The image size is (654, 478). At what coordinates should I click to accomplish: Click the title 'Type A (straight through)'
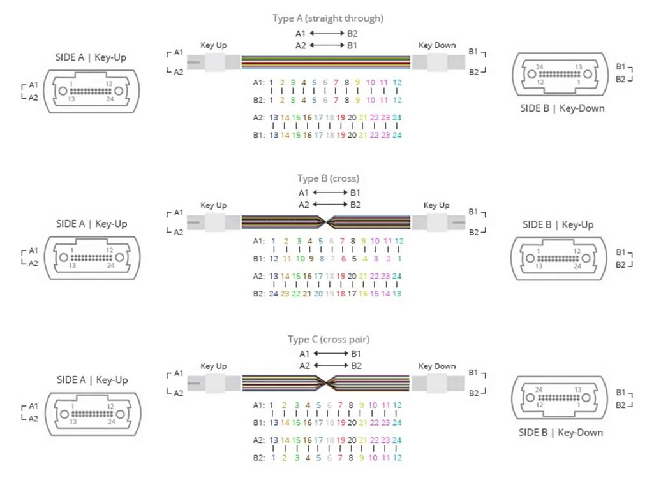point(328,18)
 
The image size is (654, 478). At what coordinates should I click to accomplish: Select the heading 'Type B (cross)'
point(328,178)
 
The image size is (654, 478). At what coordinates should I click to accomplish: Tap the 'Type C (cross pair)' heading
point(328,340)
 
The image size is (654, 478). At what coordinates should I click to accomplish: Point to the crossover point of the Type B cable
point(326,222)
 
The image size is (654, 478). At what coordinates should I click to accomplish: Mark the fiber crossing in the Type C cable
point(326,383)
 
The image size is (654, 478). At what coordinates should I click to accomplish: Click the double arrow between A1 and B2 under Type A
point(327,33)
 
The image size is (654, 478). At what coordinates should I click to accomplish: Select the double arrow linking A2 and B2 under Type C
point(327,366)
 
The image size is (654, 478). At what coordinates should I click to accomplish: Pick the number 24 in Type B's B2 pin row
point(274,294)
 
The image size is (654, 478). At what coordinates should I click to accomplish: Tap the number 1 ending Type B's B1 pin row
point(399,258)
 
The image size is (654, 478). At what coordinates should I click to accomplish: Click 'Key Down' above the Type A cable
point(437,45)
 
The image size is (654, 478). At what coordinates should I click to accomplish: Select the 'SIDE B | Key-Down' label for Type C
point(561,432)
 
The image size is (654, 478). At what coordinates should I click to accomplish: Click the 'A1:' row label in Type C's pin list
point(258,405)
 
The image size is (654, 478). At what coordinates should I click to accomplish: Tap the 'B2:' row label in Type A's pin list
point(258,100)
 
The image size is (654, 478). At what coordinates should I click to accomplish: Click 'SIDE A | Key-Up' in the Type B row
point(91,224)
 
